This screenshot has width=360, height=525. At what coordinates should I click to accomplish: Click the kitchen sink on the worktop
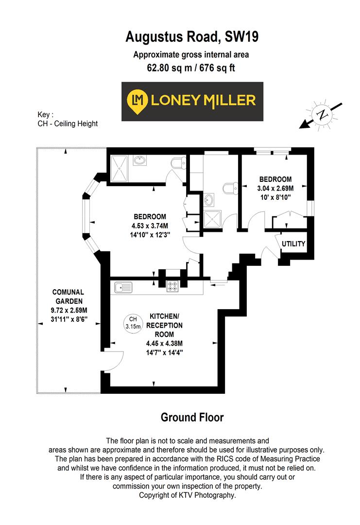coord(123,288)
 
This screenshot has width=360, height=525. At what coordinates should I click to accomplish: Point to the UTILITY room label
coord(293,244)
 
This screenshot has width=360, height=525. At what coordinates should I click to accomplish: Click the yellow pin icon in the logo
coord(137,101)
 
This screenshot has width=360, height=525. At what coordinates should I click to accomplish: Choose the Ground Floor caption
coord(192,417)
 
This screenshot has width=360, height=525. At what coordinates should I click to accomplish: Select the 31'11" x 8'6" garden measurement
coord(69,319)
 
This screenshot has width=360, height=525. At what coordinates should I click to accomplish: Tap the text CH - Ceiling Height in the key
coord(68,123)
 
